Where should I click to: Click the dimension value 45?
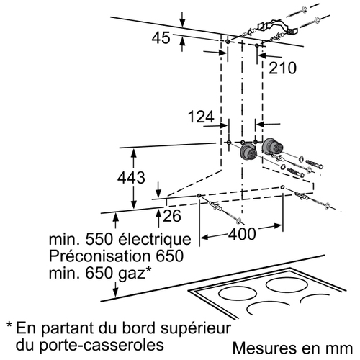[161, 38]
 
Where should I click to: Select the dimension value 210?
[282, 68]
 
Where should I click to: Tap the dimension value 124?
[201, 117]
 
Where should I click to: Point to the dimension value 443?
[131, 178]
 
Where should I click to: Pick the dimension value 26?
[172, 216]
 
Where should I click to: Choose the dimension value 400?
[242, 234]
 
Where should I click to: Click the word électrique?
[155, 239]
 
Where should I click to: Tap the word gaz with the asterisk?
[135, 274]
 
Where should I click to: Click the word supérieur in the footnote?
[196, 328]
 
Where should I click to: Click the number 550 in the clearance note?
[99, 239]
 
